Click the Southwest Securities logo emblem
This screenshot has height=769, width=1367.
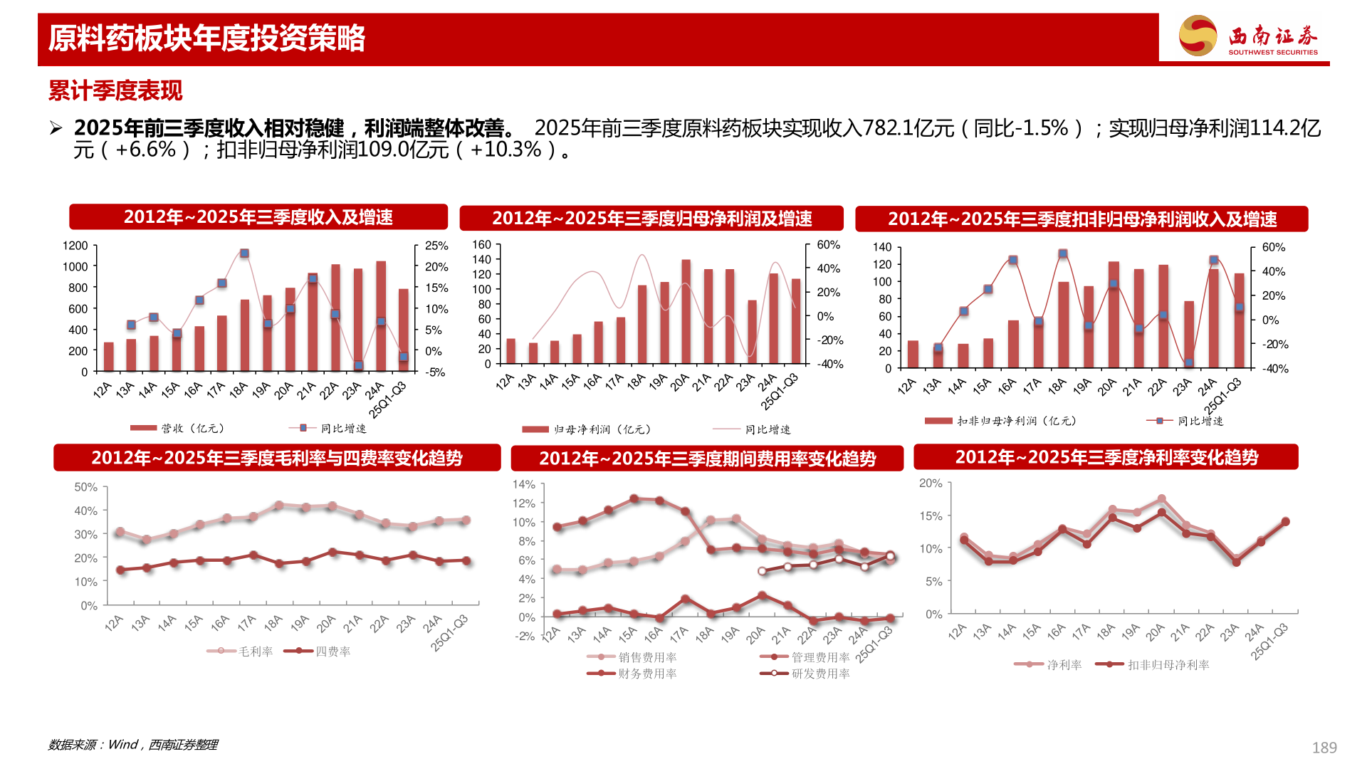click(1198, 36)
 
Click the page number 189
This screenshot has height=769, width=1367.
click(1324, 748)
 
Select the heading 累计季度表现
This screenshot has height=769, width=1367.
click(115, 90)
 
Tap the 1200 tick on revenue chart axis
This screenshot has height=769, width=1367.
click(75, 246)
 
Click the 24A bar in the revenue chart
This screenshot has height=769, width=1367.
click(381, 316)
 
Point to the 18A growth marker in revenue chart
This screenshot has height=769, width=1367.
click(244, 253)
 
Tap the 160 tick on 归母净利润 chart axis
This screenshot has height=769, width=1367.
click(482, 244)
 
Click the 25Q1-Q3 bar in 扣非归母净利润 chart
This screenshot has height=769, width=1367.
click(1239, 320)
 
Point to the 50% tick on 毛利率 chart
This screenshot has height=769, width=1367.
click(85, 487)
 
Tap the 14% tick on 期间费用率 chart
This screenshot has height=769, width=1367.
click(524, 484)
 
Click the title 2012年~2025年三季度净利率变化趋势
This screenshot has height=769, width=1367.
click(1106, 457)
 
